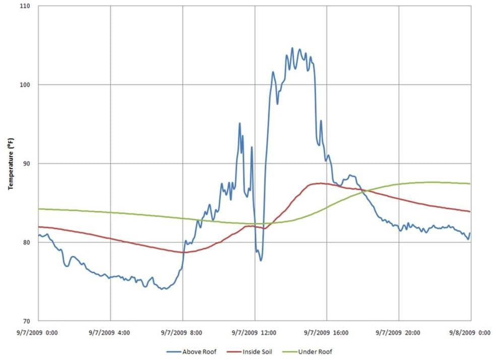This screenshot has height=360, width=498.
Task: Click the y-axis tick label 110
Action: coord(25,6)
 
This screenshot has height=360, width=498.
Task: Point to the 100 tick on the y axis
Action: coord(25,85)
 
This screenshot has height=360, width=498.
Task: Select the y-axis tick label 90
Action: coord(26,163)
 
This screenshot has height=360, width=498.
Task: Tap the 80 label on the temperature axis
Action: coord(26,243)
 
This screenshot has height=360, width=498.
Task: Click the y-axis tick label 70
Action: coord(26,321)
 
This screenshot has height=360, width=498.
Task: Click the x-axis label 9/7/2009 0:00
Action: coord(38,333)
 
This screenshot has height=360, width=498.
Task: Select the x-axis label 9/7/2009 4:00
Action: coord(110,333)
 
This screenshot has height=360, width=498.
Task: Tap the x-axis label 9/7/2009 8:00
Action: coord(182,333)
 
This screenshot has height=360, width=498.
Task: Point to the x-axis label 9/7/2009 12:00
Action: coord(255,333)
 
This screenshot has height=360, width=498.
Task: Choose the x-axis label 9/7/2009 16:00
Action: coord(327,333)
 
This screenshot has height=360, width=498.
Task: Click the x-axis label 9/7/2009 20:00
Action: coord(399,333)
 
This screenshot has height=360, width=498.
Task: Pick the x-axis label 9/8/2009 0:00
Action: coord(471,333)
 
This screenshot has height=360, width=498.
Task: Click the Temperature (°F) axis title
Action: coord(11,163)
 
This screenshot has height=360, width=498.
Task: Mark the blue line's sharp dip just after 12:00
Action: coord(261,260)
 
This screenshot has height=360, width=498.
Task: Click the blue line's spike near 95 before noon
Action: coord(239,123)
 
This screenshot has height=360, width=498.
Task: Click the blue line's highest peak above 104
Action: coord(292,48)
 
